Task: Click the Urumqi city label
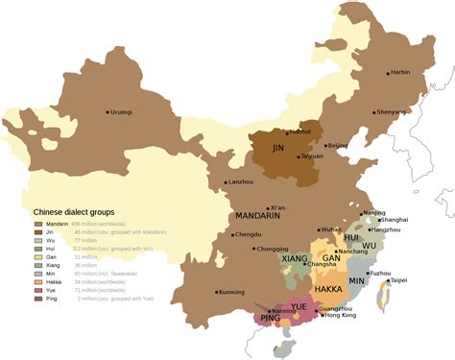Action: point(122,112)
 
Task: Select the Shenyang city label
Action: point(392,111)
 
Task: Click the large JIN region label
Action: point(278,149)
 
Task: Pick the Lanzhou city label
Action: point(241,181)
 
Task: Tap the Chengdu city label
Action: point(247,234)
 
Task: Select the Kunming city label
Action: point(231,292)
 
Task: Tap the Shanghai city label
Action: point(394,220)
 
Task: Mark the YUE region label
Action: point(299,306)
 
